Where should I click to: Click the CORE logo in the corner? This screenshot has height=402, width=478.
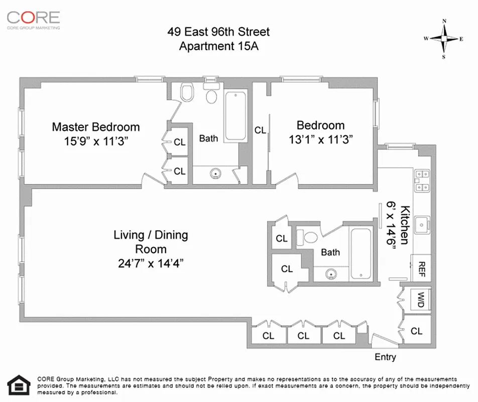pos(33,19)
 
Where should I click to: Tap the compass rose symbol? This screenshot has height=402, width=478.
pos(444,39)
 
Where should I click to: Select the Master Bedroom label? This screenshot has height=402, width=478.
pos(96,127)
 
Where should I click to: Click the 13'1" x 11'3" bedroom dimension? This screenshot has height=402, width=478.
pos(320,139)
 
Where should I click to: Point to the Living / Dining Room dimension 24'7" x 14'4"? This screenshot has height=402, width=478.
pos(150,263)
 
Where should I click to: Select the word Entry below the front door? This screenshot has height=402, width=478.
pos(385,357)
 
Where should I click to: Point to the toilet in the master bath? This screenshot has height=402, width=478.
pos(188,93)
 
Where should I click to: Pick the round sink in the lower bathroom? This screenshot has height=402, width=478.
pos(330,274)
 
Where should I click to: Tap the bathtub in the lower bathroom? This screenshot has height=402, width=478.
pos(361,254)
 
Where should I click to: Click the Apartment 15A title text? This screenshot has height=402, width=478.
pos(218,46)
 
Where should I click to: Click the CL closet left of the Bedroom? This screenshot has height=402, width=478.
pos(260,130)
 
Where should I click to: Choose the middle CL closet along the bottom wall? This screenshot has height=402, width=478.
pos(303,336)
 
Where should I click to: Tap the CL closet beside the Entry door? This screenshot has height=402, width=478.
pos(416,331)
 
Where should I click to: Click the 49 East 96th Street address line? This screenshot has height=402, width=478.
pos(218,32)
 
